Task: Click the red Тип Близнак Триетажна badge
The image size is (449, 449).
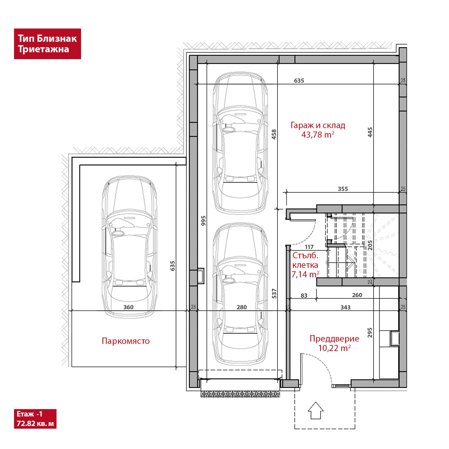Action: pyautogui.click(x=47, y=44)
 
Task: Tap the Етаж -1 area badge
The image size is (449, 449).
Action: pyautogui.click(x=35, y=419)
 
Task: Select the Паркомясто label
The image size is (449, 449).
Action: pyautogui.click(x=126, y=341)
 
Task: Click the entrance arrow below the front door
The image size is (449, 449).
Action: pyautogui.click(x=316, y=410)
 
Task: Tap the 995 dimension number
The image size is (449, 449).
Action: pyautogui.click(x=203, y=221)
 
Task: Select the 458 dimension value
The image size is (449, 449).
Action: pyautogui.click(x=274, y=134)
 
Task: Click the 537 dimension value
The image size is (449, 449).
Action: pyautogui.click(x=274, y=294)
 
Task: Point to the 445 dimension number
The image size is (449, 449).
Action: pyautogui.click(x=370, y=132)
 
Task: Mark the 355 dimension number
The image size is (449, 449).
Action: pyautogui.click(x=343, y=189)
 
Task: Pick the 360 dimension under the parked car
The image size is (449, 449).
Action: pyautogui.click(x=129, y=307)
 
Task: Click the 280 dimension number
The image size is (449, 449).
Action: pyautogui.click(x=242, y=307)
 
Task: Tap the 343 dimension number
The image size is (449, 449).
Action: pyautogui.click(x=345, y=307)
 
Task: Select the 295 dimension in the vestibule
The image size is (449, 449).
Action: pyautogui.click(x=370, y=333)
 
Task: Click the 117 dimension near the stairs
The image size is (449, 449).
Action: pyautogui.click(x=309, y=247)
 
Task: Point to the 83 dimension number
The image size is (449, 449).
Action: pyautogui.click(x=304, y=295)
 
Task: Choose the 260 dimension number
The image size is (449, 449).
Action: pyautogui.click(x=357, y=295)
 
